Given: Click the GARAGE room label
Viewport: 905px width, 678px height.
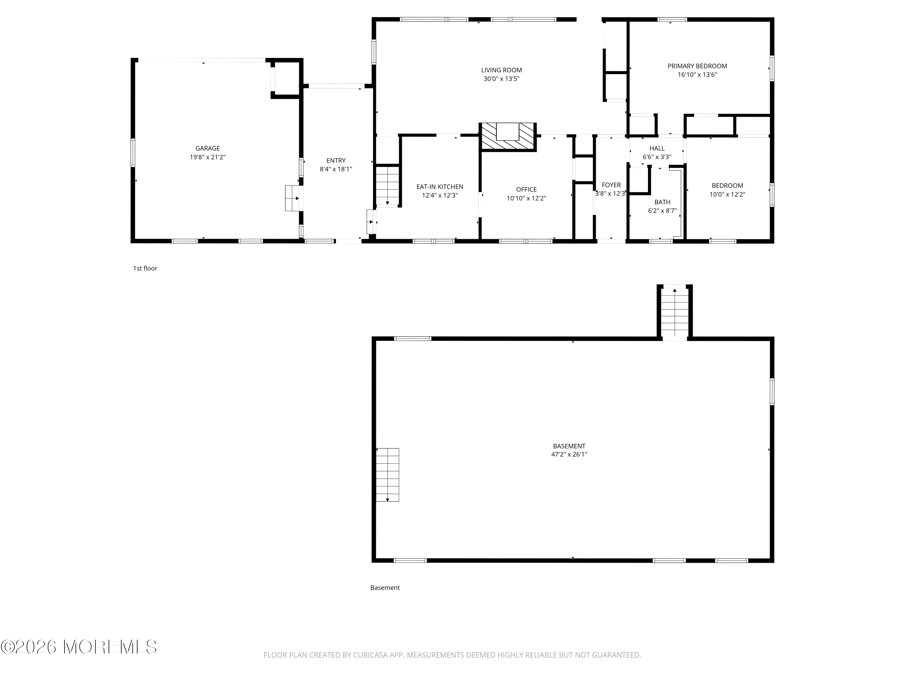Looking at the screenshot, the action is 208,148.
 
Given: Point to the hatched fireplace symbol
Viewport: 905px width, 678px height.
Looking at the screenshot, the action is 508,137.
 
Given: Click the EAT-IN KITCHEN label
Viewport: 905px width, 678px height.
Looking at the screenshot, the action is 440,187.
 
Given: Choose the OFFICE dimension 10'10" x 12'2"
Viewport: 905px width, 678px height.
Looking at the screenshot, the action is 526,199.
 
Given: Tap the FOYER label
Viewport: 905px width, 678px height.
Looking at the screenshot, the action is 611,185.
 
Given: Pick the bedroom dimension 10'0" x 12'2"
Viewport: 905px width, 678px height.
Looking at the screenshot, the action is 727,195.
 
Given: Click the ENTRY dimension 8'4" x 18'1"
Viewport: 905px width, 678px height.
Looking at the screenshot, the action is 335,169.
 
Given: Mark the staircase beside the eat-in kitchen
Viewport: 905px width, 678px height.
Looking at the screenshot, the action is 387,186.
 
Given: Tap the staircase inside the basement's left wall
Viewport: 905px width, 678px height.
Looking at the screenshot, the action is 387,475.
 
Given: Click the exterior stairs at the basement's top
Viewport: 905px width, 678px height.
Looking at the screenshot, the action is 675,312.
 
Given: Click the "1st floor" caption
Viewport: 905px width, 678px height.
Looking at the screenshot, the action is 145,268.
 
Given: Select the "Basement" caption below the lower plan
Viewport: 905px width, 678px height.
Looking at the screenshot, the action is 385,588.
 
